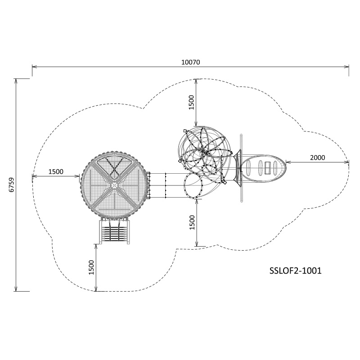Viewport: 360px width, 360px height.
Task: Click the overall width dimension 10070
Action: pyautogui.click(x=190, y=62)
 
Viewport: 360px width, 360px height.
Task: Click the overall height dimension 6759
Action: pyautogui.click(x=12, y=184)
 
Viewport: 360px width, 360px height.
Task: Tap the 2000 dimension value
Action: pyautogui.click(x=318, y=158)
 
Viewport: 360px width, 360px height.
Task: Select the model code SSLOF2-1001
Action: pyautogui.click(x=296, y=271)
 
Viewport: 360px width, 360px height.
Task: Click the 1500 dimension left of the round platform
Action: pyautogui.click(x=56, y=172)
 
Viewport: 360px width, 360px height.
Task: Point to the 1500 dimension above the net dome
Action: pyautogui.click(x=191, y=102)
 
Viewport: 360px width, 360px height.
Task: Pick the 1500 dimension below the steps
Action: pyautogui.click(x=91, y=267)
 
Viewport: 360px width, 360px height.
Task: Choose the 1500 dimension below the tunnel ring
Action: pyautogui.click(x=192, y=222)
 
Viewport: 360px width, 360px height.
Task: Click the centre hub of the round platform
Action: pyautogui.click(x=114, y=185)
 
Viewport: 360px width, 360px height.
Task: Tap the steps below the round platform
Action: pyautogui.click(x=115, y=232)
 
